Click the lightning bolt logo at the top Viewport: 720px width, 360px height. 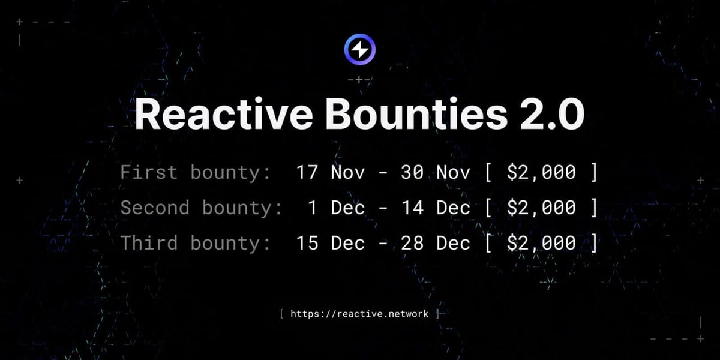click(360, 50)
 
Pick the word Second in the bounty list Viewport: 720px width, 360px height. click(155, 208)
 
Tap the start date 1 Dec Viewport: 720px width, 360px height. click(336, 208)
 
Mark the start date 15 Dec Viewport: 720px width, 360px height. click(330, 242)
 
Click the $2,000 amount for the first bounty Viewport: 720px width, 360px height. click(542, 173)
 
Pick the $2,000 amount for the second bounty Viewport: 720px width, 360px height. click(542, 208)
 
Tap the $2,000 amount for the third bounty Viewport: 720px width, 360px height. click(542, 242)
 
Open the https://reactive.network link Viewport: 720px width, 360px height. click(359, 313)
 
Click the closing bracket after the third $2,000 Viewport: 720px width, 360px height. click(594, 242)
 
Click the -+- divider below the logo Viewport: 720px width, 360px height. click(360, 79)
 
